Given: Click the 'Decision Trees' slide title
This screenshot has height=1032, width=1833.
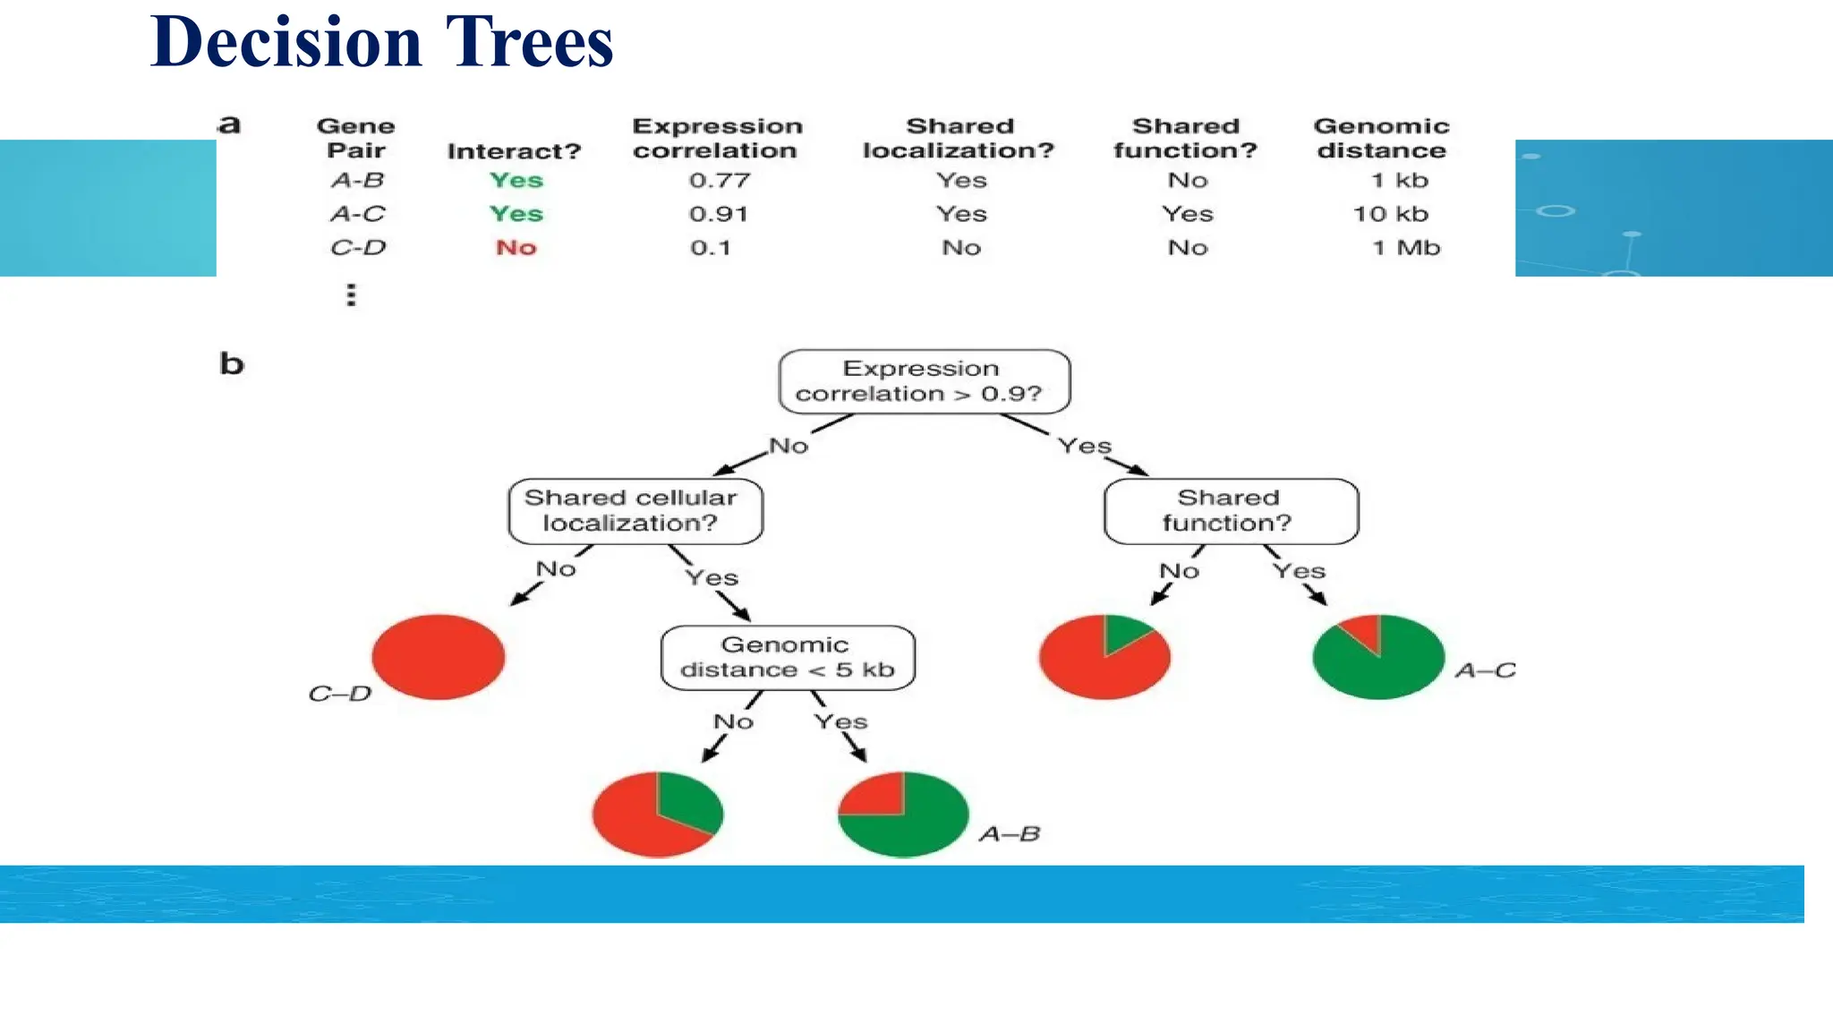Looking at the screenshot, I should (382, 42).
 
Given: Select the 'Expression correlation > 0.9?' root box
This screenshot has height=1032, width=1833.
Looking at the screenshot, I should (924, 381).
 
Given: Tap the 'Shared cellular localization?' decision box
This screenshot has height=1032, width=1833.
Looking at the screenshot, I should (635, 511).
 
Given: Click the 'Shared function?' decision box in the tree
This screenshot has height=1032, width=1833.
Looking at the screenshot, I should (1231, 511).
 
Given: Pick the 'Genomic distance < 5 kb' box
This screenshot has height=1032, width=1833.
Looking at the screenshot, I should (788, 658).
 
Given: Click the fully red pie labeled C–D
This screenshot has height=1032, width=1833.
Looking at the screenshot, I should (439, 656).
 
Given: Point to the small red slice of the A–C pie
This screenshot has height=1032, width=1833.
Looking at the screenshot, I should (1364, 630).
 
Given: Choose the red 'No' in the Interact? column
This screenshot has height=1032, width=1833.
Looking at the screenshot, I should (516, 248).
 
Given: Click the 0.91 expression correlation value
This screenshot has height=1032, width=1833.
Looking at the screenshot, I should (719, 214).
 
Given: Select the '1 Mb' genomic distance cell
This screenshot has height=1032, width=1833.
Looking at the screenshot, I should (1406, 248).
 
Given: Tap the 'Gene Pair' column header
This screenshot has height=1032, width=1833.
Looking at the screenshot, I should (356, 139).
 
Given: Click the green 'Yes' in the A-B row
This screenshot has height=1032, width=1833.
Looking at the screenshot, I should (516, 180).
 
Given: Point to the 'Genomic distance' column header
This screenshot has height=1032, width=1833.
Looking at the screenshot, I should (1381, 139).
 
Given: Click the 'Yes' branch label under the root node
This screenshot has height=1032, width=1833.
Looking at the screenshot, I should (1084, 446).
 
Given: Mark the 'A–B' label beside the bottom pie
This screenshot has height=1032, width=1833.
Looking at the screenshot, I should (1010, 834).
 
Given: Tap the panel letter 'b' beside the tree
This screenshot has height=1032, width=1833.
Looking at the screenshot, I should (232, 363).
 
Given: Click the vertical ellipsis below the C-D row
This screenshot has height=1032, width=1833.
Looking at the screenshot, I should (352, 295).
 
